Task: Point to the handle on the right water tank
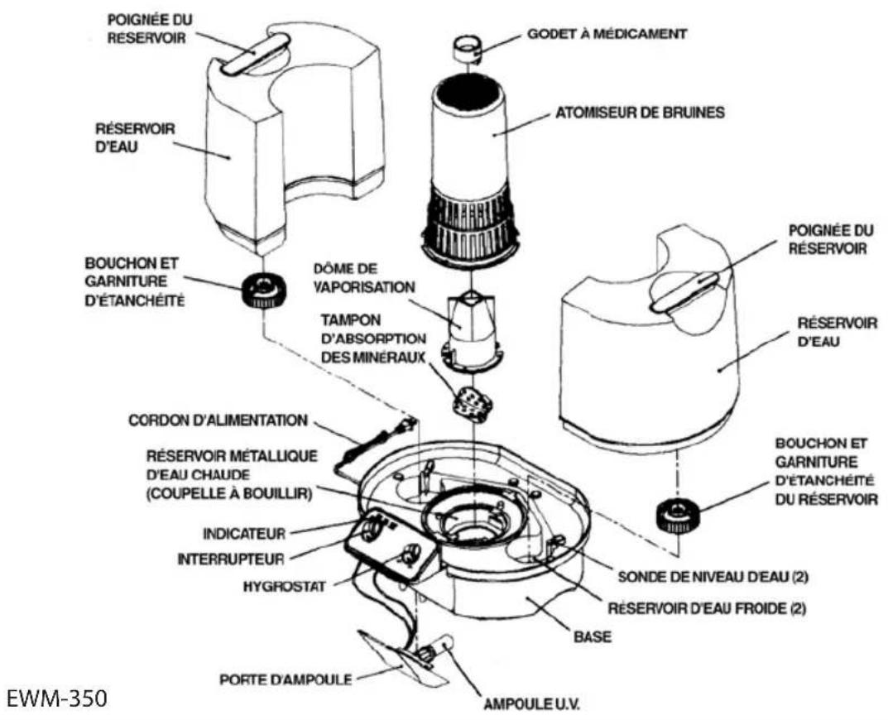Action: click(x=686, y=290)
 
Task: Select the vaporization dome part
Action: click(x=469, y=332)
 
